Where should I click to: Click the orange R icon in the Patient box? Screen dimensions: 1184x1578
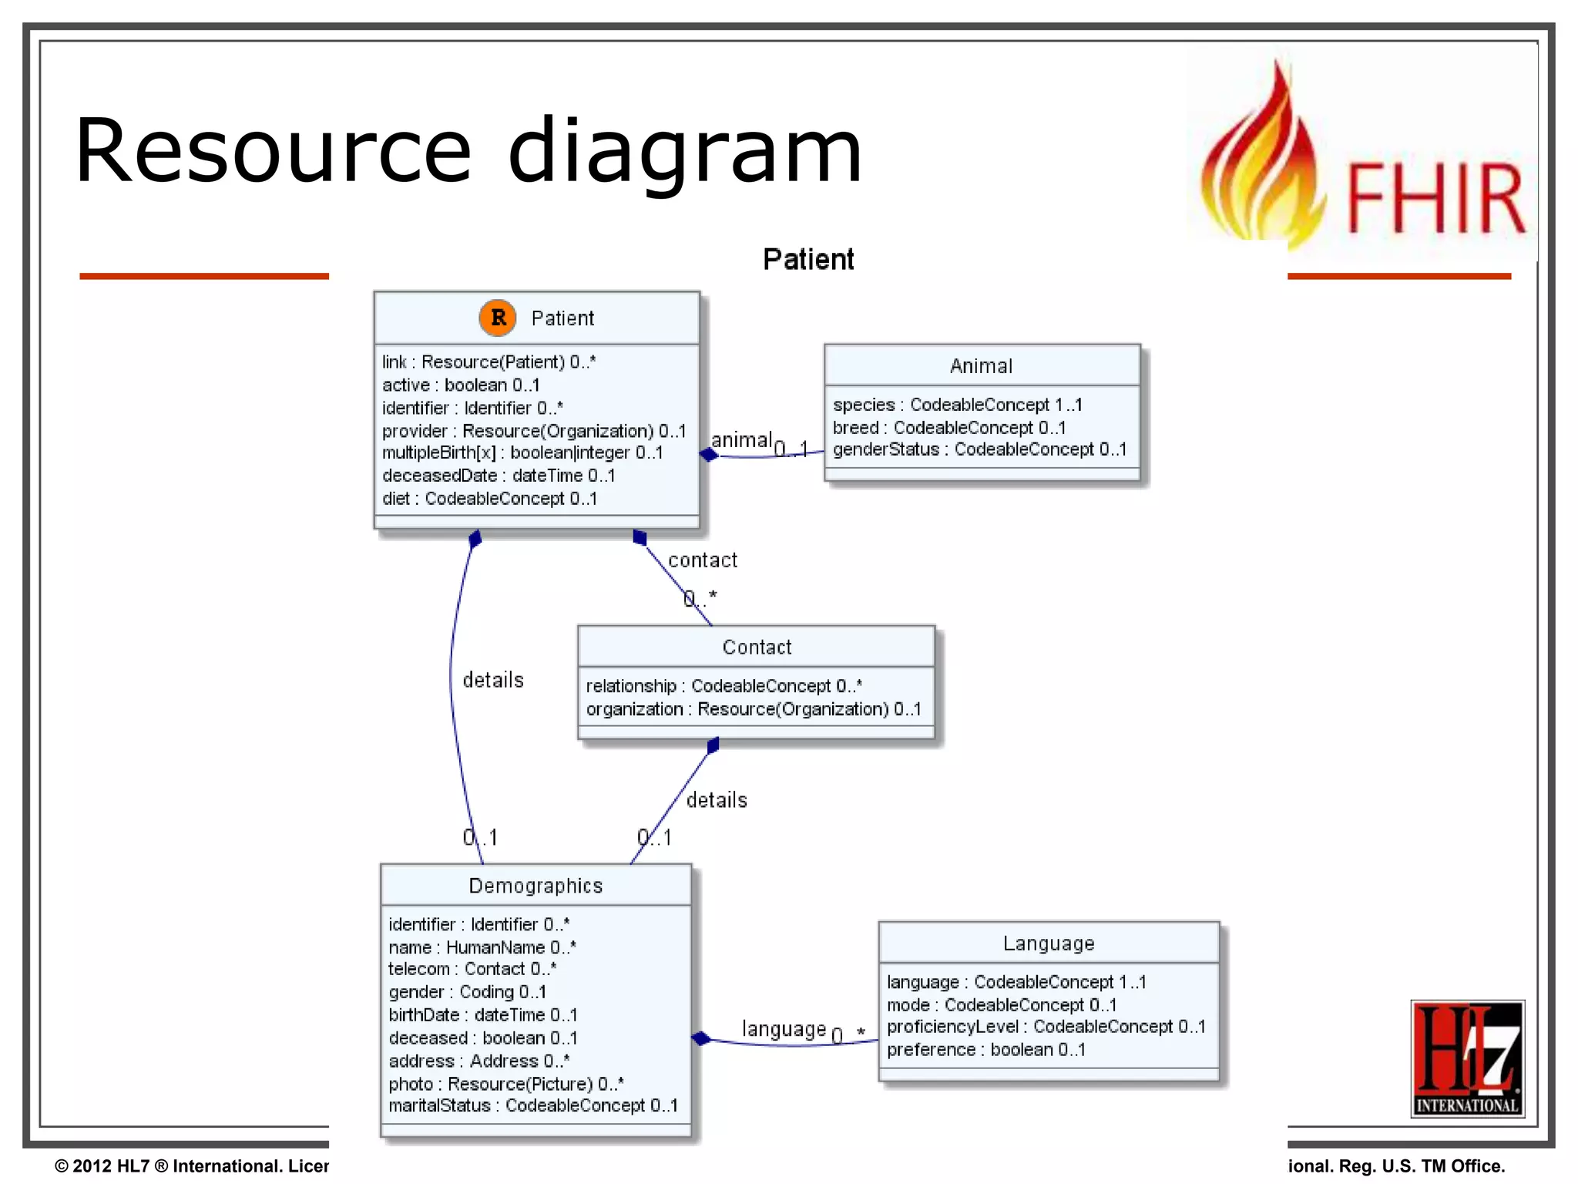[498, 318]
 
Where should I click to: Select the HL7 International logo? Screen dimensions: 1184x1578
[1467, 1058]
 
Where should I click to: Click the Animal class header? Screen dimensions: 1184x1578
[981, 366]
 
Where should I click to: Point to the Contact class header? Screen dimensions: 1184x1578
[757, 647]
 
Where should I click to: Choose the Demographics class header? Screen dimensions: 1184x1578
[536, 886]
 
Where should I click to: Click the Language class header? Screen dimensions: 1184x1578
[1048, 943]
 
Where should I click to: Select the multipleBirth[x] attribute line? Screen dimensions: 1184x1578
[522, 452]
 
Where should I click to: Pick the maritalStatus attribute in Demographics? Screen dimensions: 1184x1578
[532, 1105]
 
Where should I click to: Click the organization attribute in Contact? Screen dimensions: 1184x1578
[753, 709]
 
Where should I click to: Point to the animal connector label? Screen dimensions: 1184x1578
[741, 440]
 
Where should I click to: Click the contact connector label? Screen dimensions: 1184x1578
[702, 560]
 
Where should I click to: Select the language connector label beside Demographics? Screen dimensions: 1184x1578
[784, 1029]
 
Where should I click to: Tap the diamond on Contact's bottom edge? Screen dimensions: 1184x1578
[713, 745]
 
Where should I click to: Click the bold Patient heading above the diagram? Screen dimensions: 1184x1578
[808, 260]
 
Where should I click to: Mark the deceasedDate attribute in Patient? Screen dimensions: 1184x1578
[498, 476]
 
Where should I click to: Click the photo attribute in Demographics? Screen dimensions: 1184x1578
[505, 1084]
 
